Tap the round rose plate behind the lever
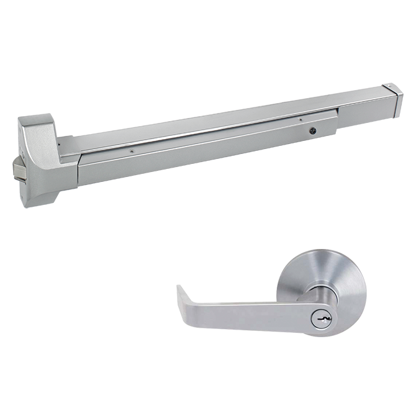332,276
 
